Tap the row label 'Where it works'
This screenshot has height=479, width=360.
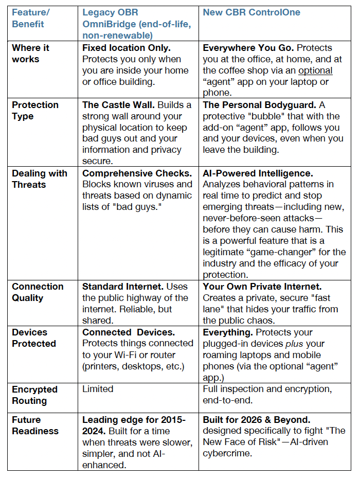point(31,54)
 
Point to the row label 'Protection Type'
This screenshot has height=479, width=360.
point(35,110)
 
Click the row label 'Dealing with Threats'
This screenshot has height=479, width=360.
point(40,179)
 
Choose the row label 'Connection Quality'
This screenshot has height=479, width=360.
point(38,292)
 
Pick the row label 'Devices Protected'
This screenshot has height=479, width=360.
point(34,338)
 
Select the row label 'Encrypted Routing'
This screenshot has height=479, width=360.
point(34,395)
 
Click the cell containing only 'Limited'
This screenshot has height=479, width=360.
point(98,389)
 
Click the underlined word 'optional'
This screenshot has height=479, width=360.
point(315,70)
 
